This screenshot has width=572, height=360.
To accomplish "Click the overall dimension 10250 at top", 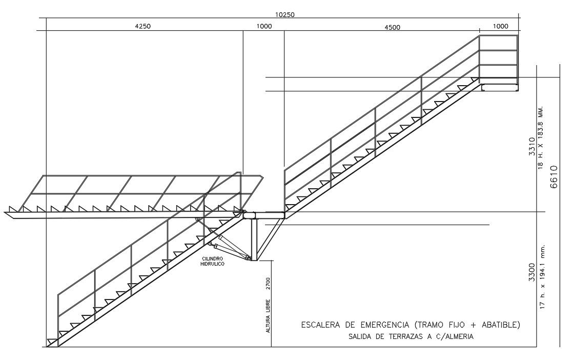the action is pyautogui.click(x=284, y=14).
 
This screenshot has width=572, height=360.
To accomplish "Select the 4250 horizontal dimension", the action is pyautogui.click(x=142, y=27).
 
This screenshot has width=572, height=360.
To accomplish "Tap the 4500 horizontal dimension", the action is pyautogui.click(x=392, y=27).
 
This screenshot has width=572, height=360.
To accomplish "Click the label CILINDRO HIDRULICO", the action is pyautogui.click(x=212, y=261).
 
